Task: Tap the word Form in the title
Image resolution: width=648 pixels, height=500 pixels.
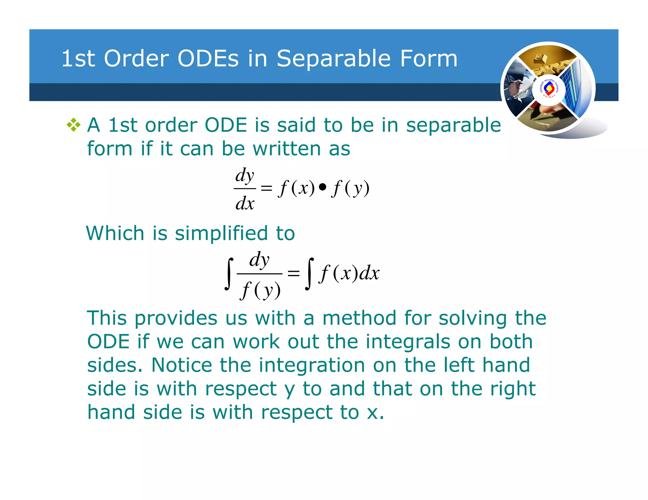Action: coord(429,59)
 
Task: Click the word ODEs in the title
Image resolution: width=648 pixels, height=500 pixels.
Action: coord(208,59)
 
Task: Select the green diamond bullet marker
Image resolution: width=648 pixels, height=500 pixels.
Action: coord(73,125)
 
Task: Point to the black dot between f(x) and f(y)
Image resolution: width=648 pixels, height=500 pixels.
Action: coord(322,187)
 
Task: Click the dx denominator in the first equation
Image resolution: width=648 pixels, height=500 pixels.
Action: coord(245,203)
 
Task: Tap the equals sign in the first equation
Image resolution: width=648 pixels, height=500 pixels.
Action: coord(266,188)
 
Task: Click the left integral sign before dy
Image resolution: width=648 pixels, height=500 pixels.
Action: coord(229,274)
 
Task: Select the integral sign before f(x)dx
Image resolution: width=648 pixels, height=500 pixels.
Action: coord(309,274)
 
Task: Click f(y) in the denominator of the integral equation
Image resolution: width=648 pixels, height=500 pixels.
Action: coord(260,290)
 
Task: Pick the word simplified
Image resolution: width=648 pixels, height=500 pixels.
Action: coord(221,233)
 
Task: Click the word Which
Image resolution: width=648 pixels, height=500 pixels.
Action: coord(115,233)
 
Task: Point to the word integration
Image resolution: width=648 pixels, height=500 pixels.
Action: coord(312,366)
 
